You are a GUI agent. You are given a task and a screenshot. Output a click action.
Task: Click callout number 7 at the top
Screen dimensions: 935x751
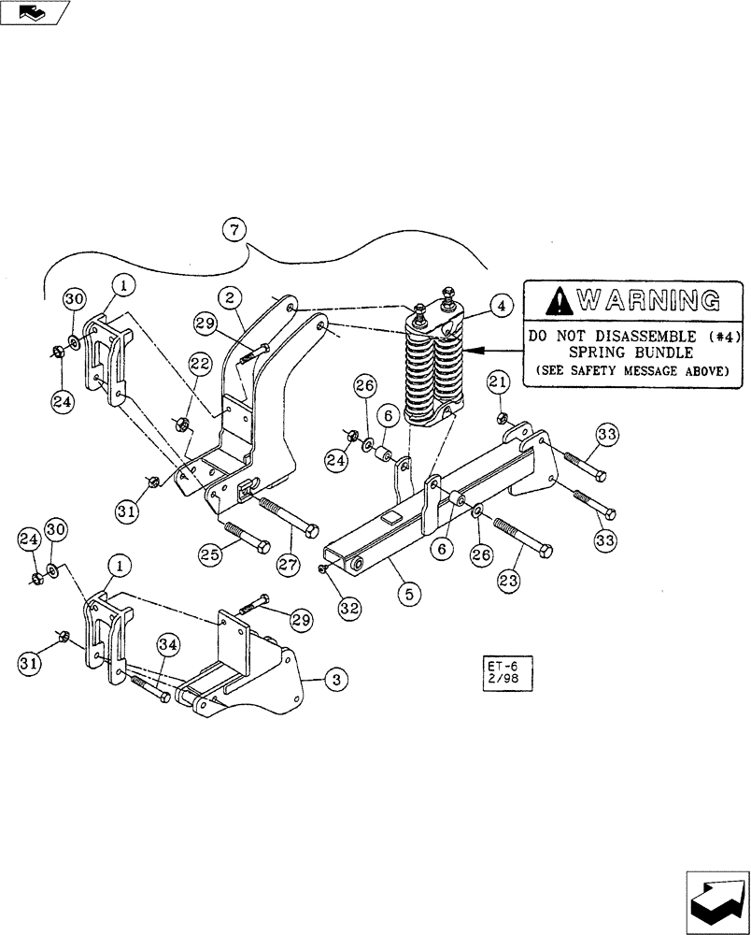coord(235,229)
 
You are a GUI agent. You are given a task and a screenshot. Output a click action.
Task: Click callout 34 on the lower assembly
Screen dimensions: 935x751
coord(167,644)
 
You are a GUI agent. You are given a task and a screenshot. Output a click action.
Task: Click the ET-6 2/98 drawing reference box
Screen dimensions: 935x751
coord(501,671)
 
